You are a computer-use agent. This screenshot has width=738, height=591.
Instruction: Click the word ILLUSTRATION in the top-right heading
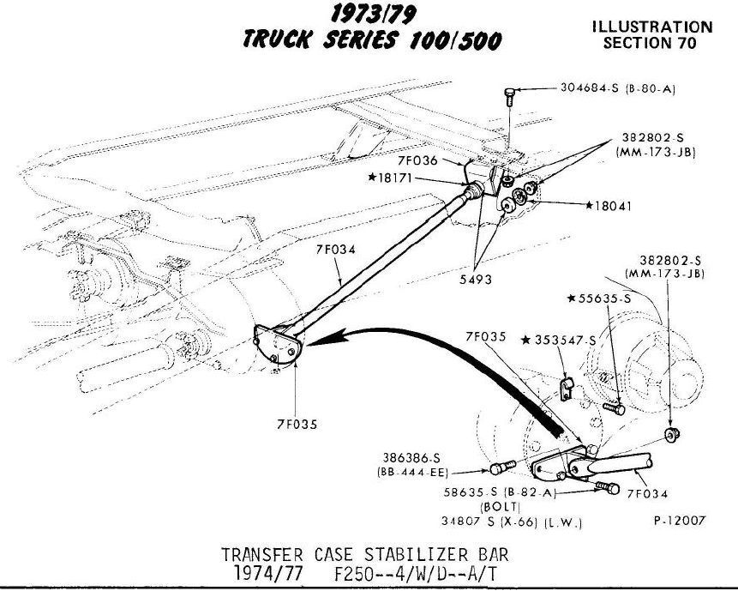click(651, 27)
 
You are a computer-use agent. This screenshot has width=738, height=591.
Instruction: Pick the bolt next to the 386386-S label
click(502, 467)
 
